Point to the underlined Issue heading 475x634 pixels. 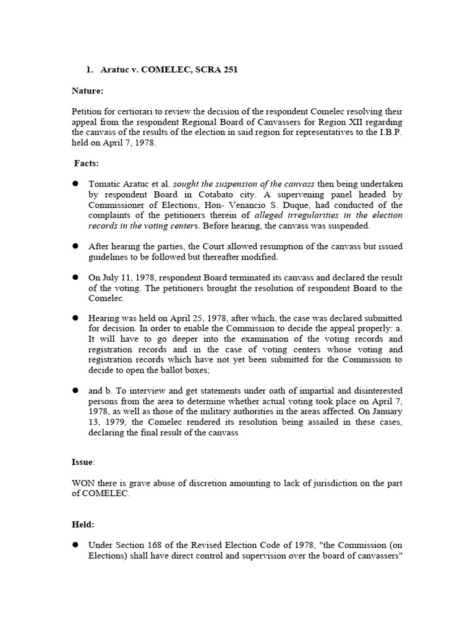(83, 462)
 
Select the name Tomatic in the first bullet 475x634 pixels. (107, 184)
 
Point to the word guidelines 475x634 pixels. (109, 256)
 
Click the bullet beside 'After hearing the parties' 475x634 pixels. (75, 246)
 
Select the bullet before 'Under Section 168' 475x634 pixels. (75, 545)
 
